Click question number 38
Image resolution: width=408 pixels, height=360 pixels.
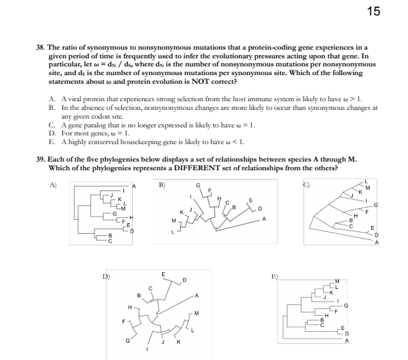coord(40,48)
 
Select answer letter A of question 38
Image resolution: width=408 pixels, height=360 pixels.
coord(52,99)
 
